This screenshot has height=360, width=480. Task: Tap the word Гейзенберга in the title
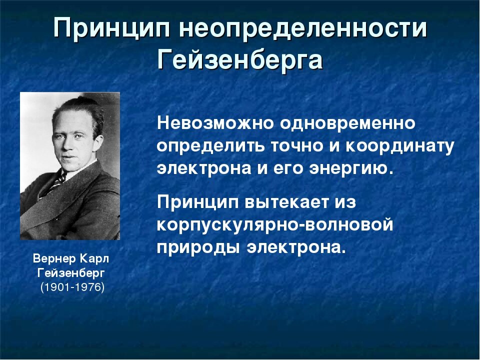point(240,61)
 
